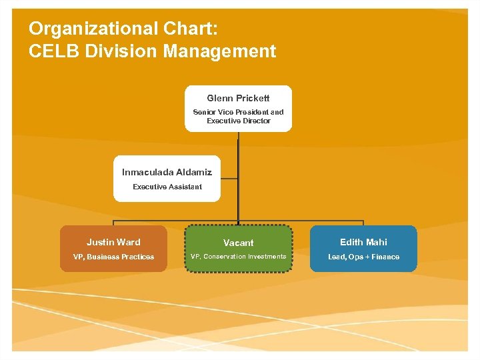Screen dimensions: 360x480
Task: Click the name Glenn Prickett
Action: pyautogui.click(x=238, y=98)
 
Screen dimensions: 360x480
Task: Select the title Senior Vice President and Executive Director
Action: pyautogui.click(x=238, y=117)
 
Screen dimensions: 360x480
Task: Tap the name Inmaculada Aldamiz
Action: pyautogui.click(x=167, y=172)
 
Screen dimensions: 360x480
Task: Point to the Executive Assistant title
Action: pyautogui.click(x=167, y=187)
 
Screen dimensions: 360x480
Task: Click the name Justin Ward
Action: pyautogui.click(x=113, y=242)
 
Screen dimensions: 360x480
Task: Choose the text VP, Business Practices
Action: pyautogui.click(x=113, y=257)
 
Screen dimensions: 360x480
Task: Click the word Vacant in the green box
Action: pyautogui.click(x=238, y=243)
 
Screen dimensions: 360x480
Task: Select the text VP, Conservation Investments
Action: pyautogui.click(x=238, y=257)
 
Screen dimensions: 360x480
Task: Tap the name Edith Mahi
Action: pyautogui.click(x=363, y=242)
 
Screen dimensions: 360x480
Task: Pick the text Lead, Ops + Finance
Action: pyautogui.click(x=363, y=257)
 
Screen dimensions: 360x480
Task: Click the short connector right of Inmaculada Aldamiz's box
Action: pyautogui.click(x=229, y=178)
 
